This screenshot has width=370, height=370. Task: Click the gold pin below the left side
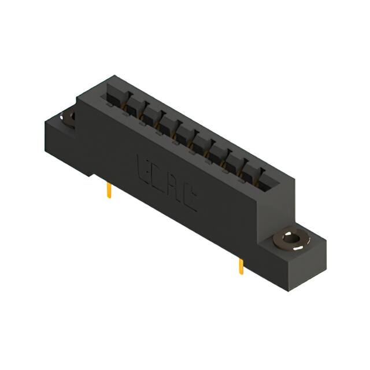tap(109, 191)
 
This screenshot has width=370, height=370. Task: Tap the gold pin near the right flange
tap(240, 267)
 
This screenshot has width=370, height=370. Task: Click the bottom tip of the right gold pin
tap(241, 274)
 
